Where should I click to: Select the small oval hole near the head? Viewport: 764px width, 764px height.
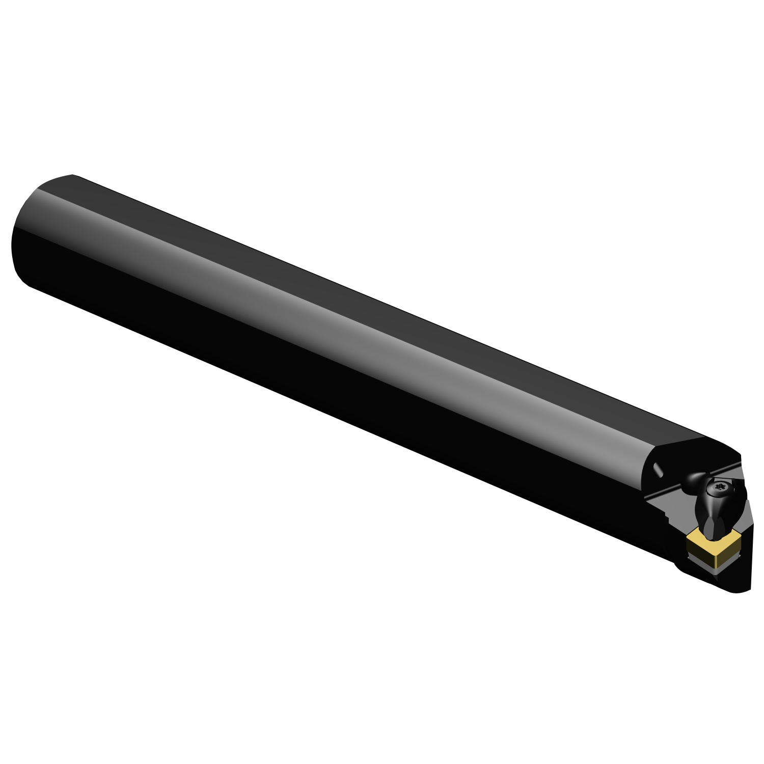pos(658,469)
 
